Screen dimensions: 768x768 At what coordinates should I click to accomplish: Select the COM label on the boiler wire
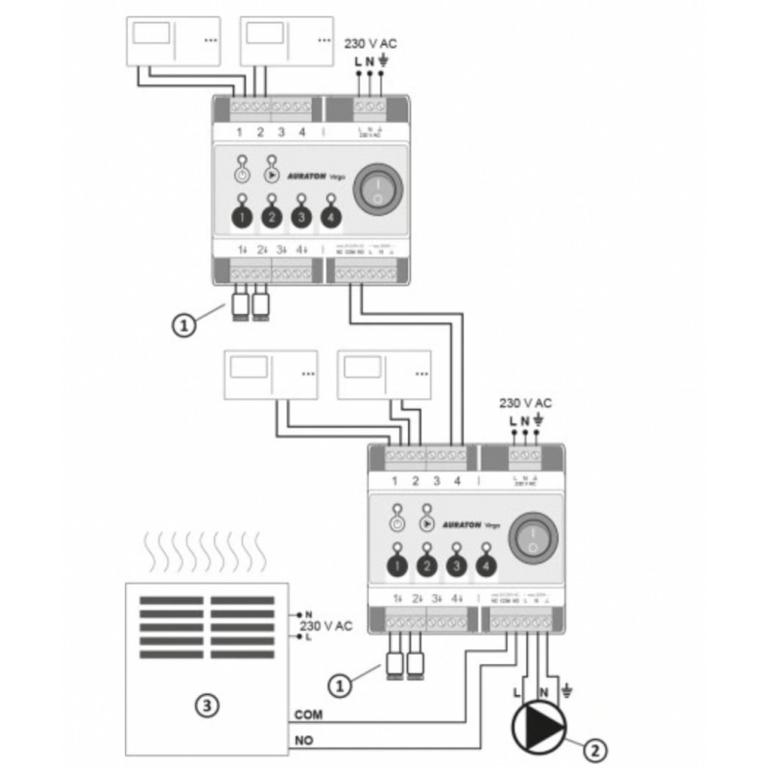307,713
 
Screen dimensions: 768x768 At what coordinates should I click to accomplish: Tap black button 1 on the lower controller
396,565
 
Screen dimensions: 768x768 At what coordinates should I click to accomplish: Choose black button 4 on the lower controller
487,565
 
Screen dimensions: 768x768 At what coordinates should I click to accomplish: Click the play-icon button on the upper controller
272,177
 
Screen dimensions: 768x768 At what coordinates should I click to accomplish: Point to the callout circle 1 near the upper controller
184,324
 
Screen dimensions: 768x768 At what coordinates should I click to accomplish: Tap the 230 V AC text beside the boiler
326,625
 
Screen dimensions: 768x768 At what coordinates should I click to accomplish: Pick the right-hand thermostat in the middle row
383,375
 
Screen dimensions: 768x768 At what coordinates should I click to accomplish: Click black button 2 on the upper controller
272,218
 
